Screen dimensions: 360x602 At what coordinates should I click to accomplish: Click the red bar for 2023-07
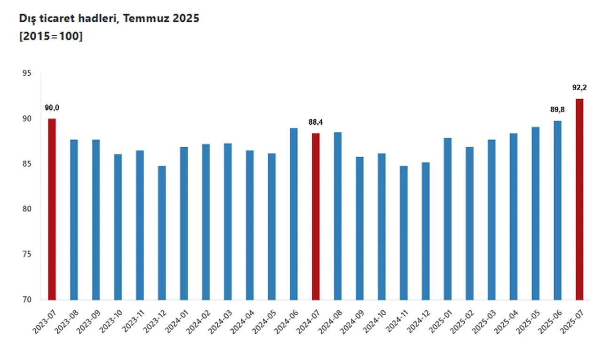point(52,209)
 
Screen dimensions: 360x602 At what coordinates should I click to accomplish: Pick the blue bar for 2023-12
point(162,232)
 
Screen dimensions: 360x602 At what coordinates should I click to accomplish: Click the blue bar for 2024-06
point(293,214)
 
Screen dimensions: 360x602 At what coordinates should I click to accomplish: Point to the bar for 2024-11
point(404,232)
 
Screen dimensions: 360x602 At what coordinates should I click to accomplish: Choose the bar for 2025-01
point(448,219)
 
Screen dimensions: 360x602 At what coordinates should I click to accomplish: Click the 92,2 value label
point(579,88)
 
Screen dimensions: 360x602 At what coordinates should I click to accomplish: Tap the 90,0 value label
point(52,108)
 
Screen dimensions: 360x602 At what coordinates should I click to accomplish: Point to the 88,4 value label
point(316,122)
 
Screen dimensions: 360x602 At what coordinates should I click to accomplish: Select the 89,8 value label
point(557,110)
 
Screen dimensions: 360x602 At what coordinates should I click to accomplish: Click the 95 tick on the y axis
point(27,73)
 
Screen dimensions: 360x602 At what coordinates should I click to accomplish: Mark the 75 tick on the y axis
point(27,255)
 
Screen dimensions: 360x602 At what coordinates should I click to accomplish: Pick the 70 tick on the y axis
point(27,300)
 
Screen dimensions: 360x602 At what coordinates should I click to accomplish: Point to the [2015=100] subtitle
point(51,36)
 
